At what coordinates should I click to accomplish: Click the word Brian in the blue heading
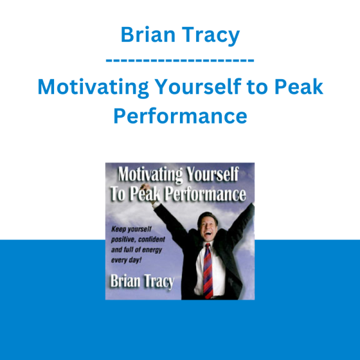tap(148, 34)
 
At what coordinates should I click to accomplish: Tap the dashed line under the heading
tap(180, 61)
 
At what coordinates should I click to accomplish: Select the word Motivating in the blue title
tap(93, 88)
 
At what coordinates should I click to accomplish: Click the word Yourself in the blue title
tap(198, 86)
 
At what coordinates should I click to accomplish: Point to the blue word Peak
tap(299, 86)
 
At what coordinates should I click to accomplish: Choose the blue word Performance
tap(180, 115)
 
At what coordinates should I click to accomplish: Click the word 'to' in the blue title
tap(257, 87)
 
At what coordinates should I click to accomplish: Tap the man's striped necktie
tap(208, 271)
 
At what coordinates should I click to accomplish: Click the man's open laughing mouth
tap(208, 234)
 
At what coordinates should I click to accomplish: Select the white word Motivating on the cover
tap(151, 175)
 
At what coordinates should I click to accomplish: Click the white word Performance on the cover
tap(206, 194)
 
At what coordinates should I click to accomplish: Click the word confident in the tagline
tap(152, 239)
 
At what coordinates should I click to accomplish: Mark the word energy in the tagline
tap(152, 250)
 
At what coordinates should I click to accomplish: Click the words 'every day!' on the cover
tap(126, 260)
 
